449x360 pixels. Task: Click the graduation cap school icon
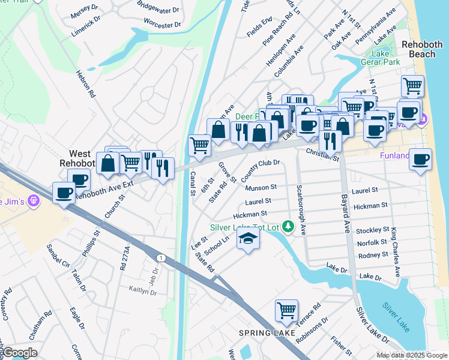click(249, 239)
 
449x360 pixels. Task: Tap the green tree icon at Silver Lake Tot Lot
click(289, 227)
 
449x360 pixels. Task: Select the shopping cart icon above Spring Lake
click(286, 311)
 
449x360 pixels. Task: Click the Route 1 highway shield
click(161, 257)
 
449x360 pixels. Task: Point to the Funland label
click(394, 156)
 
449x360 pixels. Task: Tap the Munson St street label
click(261, 188)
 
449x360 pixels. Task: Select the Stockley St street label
click(372, 230)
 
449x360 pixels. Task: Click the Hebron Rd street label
click(85, 83)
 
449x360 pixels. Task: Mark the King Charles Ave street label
click(395, 251)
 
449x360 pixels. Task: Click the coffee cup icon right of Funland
click(420, 160)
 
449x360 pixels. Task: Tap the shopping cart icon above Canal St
click(199, 145)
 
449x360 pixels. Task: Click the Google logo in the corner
click(20, 353)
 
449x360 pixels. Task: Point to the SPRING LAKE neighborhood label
click(267, 333)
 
